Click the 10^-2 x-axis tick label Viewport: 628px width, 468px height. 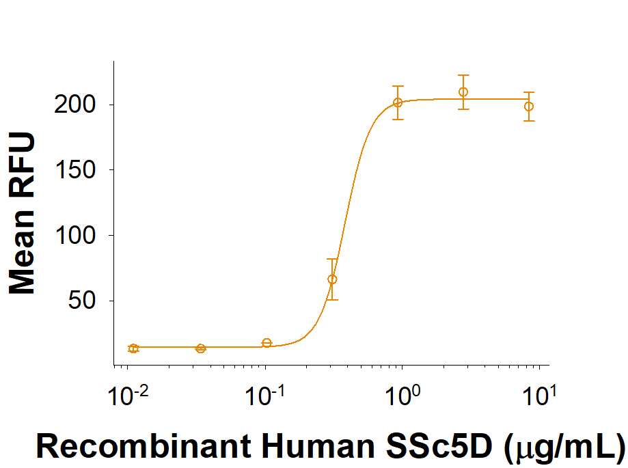click(127, 396)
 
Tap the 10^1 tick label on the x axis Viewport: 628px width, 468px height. click(539, 396)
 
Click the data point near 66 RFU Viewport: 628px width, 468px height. click(332, 279)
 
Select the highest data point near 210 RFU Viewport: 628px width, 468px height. click(463, 92)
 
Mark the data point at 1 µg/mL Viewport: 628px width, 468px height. click(398, 103)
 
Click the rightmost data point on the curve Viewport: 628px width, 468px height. click(529, 107)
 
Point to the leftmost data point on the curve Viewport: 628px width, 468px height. click(134, 348)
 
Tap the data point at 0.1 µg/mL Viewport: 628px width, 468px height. click(267, 343)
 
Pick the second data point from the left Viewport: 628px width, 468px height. click(200, 348)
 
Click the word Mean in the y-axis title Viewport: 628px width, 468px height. click(22, 253)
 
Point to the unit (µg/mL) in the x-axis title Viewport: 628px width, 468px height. click(564, 446)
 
